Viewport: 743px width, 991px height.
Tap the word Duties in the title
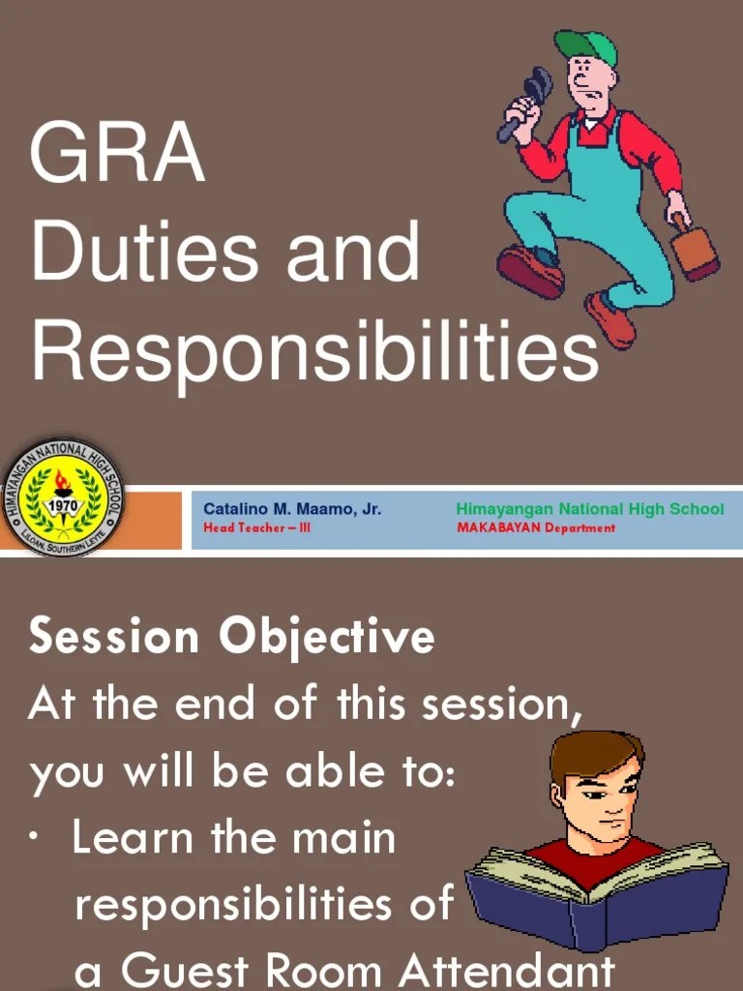144,252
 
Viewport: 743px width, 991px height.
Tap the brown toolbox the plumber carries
696,251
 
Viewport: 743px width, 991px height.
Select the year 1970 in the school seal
63,504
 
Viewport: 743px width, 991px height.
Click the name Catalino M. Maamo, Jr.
291,509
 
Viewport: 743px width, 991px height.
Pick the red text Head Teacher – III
256,528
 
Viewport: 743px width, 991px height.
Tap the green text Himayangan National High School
589,509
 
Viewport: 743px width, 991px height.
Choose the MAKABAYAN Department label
535,528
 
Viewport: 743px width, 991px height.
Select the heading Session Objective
231,637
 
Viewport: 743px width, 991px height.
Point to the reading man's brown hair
595,750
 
